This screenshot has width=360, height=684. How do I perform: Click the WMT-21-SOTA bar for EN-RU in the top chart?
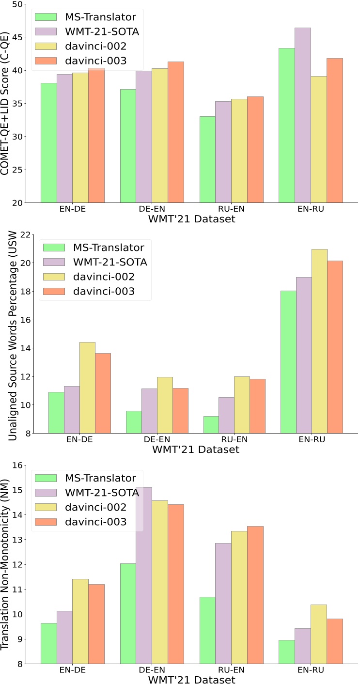pos(303,115)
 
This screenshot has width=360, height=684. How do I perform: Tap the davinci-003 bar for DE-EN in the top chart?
pos(175,132)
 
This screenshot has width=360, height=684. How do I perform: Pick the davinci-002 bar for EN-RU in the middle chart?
pos(319,341)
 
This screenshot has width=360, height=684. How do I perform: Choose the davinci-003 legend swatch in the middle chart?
pos(55,291)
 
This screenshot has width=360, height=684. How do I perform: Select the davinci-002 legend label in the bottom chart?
pos(95,507)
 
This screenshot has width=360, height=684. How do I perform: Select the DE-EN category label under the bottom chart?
pos(152,671)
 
